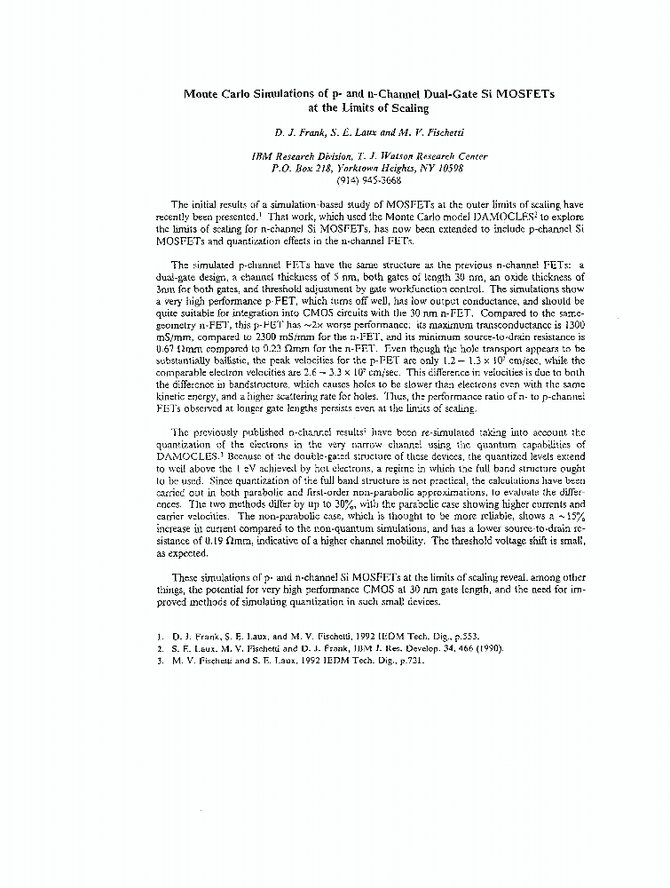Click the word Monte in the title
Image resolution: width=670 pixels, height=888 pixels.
pyautogui.click(x=204, y=93)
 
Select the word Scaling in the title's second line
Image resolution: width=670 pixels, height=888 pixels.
pyautogui.click(x=407, y=108)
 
